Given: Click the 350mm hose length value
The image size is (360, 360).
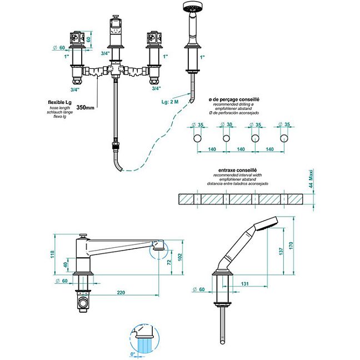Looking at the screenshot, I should point(85,107).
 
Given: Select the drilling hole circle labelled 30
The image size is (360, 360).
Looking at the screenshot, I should point(226,138).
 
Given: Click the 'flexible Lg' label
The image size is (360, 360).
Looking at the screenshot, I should point(60,102).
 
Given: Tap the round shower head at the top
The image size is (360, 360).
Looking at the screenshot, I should point(191,7).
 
